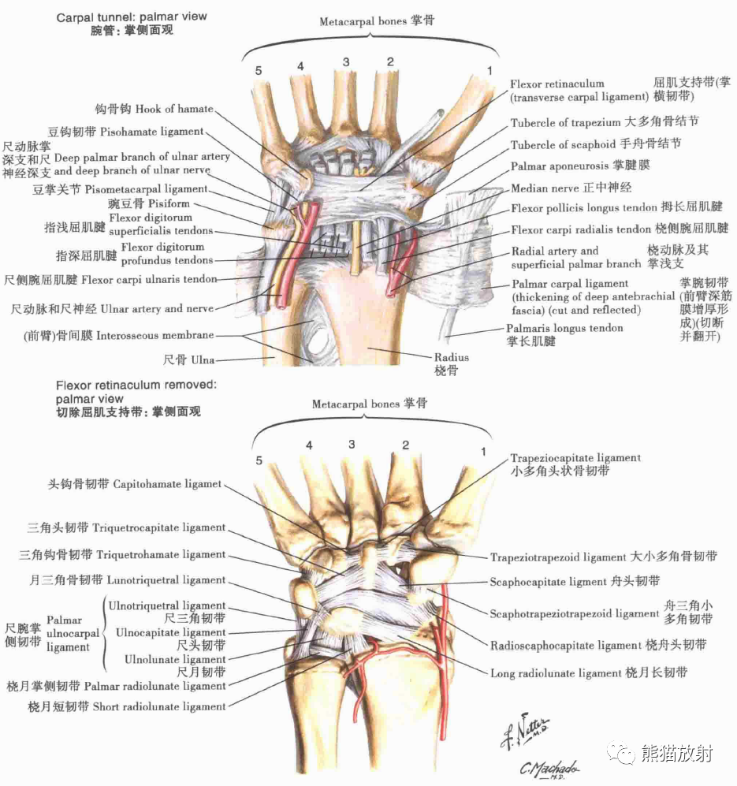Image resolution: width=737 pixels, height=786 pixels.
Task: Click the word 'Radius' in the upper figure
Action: click(x=451, y=357)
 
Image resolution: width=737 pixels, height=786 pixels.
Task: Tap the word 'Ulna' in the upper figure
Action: click(x=200, y=360)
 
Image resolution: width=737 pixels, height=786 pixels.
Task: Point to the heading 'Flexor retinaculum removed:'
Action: click(x=136, y=386)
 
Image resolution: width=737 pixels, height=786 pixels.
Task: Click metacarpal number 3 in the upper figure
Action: click(x=345, y=62)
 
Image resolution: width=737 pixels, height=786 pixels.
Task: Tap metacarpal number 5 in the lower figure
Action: click(x=258, y=460)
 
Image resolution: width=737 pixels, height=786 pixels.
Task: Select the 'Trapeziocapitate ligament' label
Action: click(x=575, y=458)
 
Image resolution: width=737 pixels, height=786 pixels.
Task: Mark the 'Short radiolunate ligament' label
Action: click(x=159, y=706)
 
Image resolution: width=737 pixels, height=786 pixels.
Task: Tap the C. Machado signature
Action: click(x=549, y=767)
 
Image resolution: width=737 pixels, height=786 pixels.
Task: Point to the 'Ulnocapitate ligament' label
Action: click(x=170, y=632)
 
